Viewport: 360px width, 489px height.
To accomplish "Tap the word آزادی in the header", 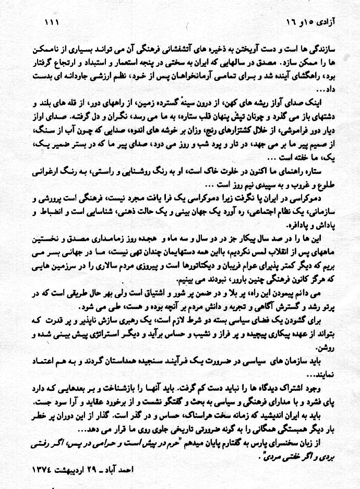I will (x=326, y=22).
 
